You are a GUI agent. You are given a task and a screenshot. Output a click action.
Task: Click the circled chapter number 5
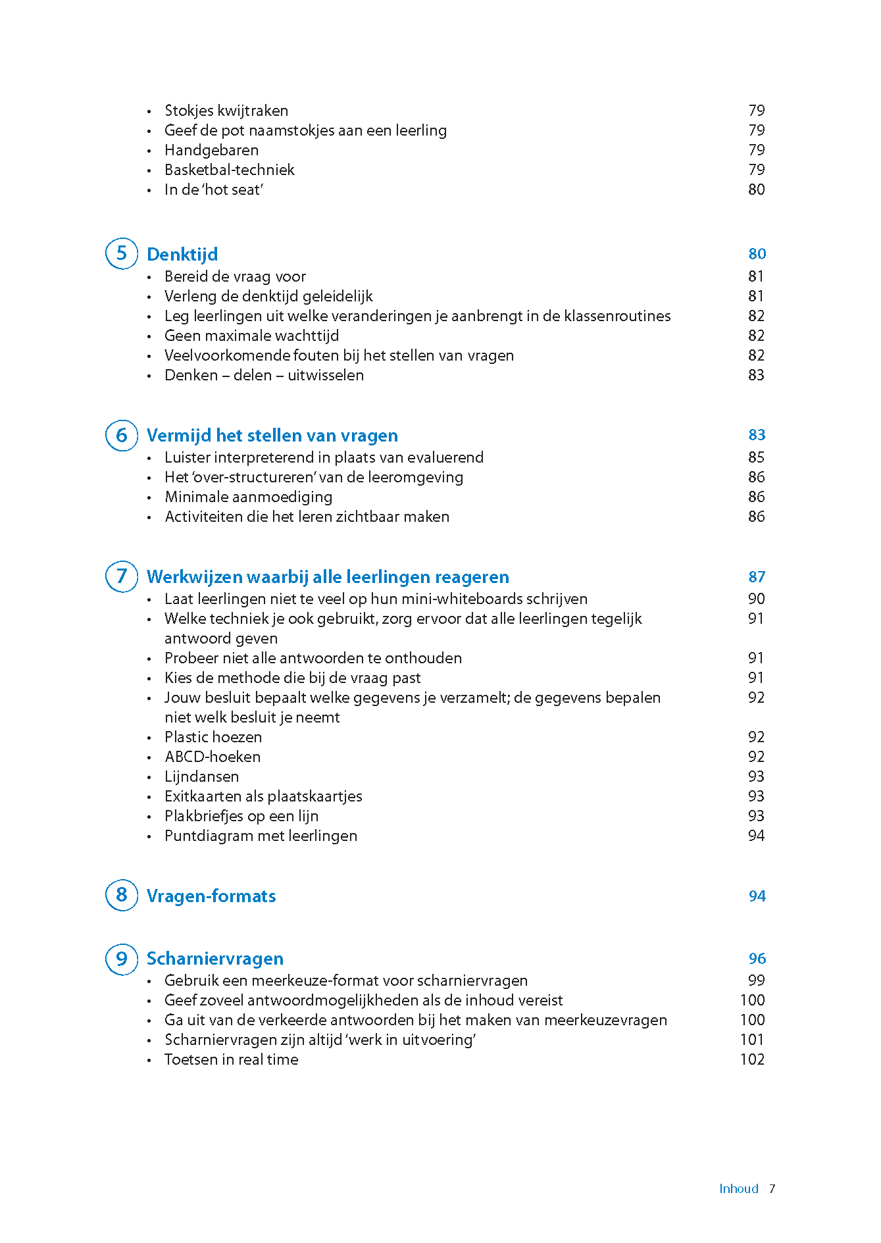[122, 253]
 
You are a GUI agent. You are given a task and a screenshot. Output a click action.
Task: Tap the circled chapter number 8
[122, 895]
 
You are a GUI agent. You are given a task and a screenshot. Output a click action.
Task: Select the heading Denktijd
[182, 254]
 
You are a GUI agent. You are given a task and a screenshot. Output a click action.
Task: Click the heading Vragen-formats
[211, 896]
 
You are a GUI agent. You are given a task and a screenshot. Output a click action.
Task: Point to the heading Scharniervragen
[215, 958]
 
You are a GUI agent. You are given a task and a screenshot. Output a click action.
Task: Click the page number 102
[752, 1059]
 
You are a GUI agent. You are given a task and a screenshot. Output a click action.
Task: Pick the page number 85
[756, 457]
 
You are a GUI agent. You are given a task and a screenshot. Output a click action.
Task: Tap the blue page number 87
[757, 577]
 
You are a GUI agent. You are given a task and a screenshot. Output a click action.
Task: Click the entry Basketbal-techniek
[230, 170]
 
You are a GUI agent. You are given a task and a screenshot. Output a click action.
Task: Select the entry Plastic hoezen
[213, 737]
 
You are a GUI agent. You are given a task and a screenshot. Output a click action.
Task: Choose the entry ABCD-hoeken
[213, 757]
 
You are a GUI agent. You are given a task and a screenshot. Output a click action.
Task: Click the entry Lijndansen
[201, 776]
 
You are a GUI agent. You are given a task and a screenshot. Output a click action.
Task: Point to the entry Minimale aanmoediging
[249, 497]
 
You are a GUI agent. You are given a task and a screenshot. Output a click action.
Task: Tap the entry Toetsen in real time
[232, 1059]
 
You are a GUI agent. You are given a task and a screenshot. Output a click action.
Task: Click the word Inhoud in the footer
[738, 1188]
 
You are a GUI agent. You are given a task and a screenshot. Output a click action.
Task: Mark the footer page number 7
[772, 1188]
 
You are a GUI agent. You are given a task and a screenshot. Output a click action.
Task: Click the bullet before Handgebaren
[149, 151]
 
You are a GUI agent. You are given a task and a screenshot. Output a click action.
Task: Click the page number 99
[756, 980]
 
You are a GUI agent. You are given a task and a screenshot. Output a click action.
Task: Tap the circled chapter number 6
[122, 435]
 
